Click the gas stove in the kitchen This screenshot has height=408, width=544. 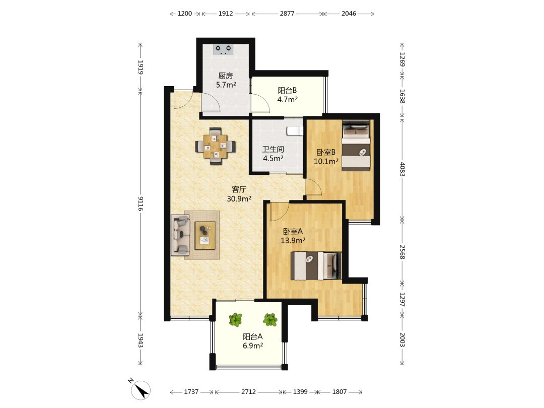223,49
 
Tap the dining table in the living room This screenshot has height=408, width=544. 215,146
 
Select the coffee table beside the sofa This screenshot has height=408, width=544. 205,235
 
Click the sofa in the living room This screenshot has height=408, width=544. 180,235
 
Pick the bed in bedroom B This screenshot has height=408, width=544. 356,146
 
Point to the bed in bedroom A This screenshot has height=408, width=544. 316,265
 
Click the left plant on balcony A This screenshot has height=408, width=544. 236,319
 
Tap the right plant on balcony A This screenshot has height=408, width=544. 270,319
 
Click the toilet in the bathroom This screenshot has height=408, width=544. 295,130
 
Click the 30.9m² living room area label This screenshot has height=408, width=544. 239,199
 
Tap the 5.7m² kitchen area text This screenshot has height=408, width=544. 226,85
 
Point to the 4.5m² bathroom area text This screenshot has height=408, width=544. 273,159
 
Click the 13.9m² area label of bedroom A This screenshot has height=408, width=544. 293,240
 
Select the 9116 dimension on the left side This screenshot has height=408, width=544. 141,203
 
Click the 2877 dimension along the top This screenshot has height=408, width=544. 287,14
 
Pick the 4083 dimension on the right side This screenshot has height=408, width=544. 402,169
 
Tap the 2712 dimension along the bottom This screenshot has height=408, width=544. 248,392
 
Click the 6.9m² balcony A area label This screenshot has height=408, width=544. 252,346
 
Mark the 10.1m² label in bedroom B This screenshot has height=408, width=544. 326,162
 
